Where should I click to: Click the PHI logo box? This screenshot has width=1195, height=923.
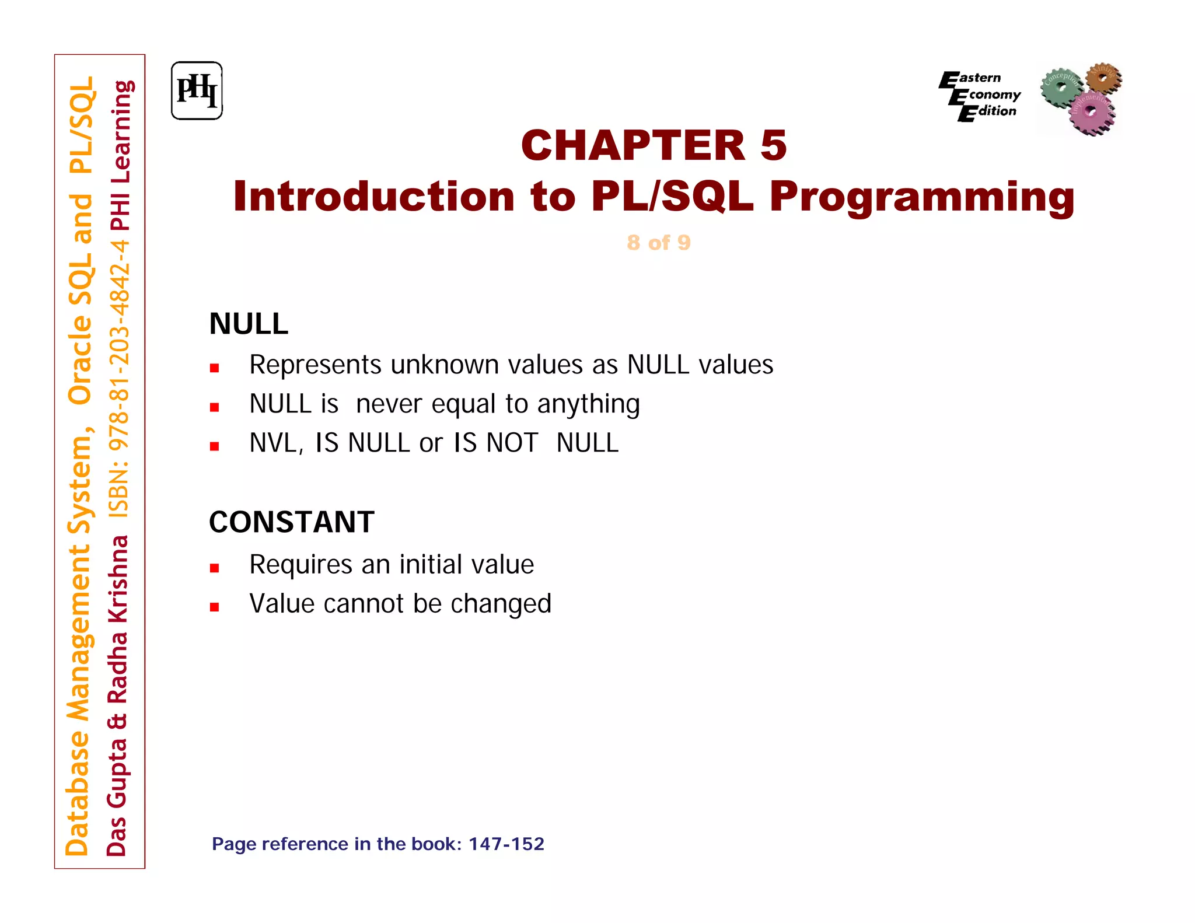197,91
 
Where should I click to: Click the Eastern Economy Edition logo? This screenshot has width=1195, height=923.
980,95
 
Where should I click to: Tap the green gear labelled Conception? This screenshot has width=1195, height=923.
1060,87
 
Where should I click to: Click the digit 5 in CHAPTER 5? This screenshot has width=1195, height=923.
774,146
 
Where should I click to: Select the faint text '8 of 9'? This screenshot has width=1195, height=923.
659,243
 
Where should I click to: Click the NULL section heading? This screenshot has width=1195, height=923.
249,324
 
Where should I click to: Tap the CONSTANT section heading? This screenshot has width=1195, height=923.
292,522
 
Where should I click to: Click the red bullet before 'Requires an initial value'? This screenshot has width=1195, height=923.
215,568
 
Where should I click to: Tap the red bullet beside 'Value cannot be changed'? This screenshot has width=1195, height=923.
215,607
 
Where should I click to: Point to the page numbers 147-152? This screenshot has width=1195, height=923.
506,844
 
